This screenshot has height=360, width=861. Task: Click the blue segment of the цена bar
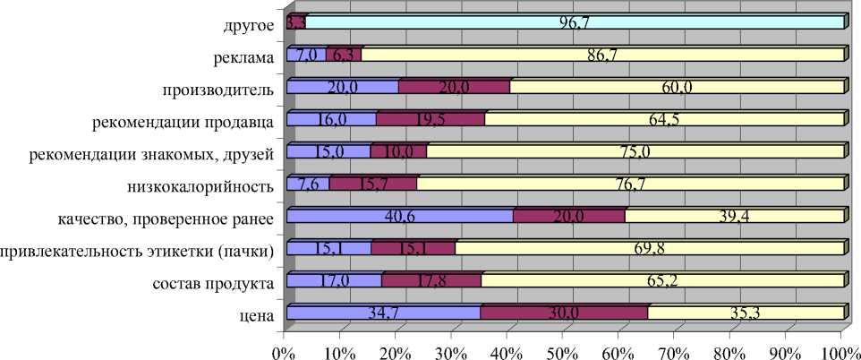point(382,313)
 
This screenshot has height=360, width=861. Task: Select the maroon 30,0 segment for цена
point(564,313)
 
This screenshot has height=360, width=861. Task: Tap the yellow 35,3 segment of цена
point(746,313)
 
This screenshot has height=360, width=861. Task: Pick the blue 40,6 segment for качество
point(399,216)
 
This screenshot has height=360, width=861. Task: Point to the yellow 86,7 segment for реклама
point(602,55)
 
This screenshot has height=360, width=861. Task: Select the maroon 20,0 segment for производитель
point(454,87)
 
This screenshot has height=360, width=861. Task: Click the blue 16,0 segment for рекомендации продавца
point(330,119)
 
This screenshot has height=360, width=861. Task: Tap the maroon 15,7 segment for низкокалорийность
point(372,184)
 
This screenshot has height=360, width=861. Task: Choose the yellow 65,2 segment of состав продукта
point(662,280)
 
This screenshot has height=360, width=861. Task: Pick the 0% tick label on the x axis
point(284,347)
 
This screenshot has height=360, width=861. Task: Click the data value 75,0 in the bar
point(634,151)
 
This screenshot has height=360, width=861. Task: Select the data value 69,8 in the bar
point(648,248)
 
